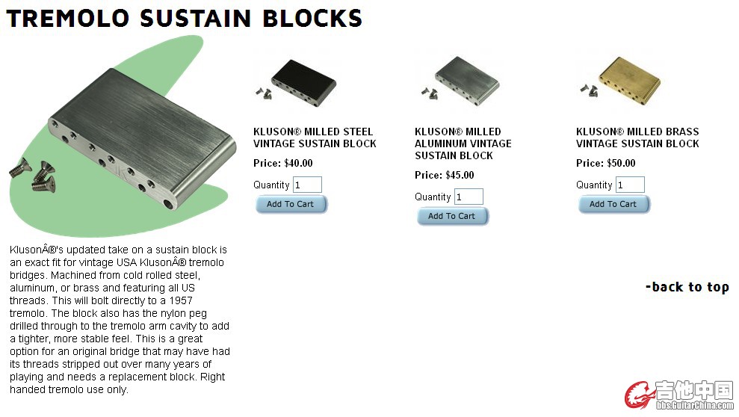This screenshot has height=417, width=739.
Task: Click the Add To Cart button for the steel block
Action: [291, 205]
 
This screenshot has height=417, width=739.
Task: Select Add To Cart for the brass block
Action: [613, 205]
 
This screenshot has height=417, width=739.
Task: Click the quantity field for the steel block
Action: [307, 185]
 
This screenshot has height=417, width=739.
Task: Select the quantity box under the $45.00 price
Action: [469, 197]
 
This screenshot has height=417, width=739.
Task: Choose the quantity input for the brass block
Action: [630, 185]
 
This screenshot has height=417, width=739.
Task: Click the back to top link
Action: [687, 287]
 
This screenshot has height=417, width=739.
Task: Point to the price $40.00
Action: [298, 164]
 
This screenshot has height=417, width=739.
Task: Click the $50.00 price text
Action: [621, 164]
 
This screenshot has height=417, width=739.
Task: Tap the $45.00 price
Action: [460, 176]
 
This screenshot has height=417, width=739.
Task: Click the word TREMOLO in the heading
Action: [68, 19]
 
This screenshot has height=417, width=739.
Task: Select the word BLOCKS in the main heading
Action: [312, 19]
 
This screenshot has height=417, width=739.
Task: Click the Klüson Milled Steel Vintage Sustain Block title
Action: [315, 138]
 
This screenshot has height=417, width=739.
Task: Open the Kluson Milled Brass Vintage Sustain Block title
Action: [637, 138]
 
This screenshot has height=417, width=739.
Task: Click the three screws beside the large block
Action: [33, 176]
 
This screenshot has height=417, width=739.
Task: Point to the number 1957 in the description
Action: [181, 300]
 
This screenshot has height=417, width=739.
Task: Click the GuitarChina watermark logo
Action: [679, 395]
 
